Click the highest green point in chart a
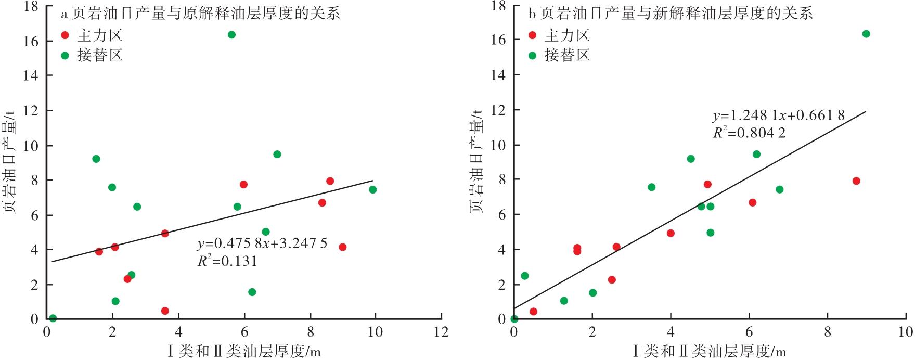click(231, 35)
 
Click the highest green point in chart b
click(866, 34)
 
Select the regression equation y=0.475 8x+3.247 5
click(262, 243)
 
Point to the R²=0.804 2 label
click(749, 133)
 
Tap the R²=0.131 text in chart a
click(227, 261)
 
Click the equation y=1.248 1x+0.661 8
click(778, 115)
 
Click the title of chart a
click(201, 14)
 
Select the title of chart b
click(671, 14)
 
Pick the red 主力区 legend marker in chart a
click(65, 35)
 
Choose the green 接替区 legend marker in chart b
click(532, 55)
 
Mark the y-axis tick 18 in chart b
click(499, 6)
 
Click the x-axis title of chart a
click(244, 352)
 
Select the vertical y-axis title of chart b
click(478, 161)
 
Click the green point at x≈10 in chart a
click(373, 189)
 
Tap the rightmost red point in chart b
click(856, 181)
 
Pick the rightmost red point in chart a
click(342, 247)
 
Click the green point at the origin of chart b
click(514, 319)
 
